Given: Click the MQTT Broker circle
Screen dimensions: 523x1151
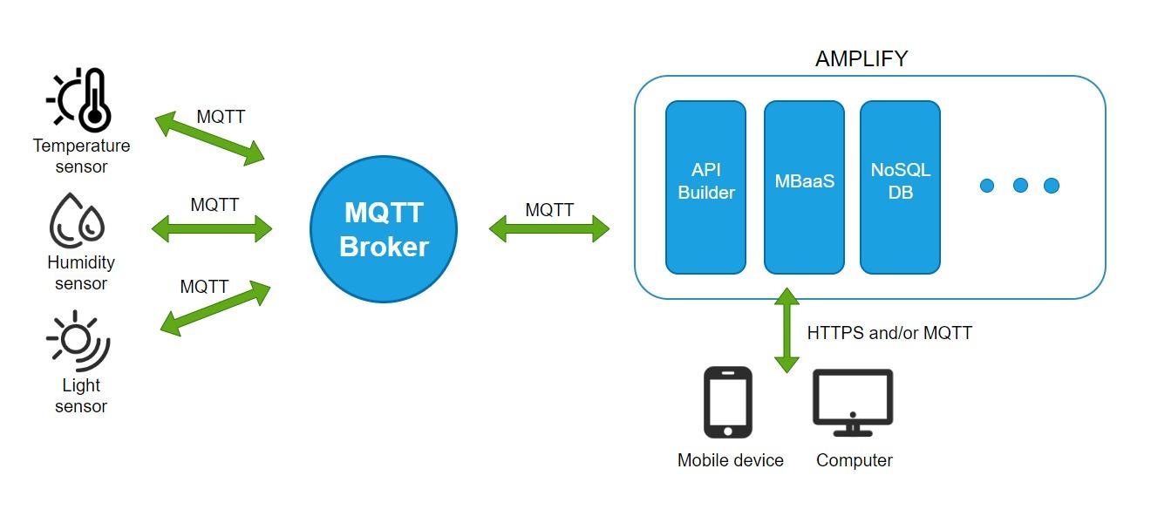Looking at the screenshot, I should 383,229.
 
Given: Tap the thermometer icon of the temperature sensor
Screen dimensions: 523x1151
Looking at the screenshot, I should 93,100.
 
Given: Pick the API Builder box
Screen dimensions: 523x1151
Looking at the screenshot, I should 705,187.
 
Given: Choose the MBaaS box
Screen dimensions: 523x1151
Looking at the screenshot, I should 804,187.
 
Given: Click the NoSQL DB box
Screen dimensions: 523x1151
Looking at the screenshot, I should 900,187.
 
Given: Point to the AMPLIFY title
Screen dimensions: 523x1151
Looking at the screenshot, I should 861,59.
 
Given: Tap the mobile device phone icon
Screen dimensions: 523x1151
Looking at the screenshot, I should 727,402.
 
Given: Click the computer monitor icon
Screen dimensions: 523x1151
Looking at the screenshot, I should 852,402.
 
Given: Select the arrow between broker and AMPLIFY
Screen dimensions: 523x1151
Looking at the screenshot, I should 548,229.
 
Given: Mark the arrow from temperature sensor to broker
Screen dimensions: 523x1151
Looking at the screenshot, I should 210,139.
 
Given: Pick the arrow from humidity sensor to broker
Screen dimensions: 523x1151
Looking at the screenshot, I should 212,230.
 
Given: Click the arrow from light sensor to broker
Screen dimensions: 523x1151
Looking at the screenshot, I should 215,308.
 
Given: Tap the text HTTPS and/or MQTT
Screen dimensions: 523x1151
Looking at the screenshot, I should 889,333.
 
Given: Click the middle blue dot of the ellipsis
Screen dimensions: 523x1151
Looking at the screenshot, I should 1019,186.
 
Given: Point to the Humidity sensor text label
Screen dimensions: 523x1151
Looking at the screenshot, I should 81,273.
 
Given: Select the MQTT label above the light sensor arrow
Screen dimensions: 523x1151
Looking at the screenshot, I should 204,287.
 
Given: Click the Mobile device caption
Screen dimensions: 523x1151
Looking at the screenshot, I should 730,460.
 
